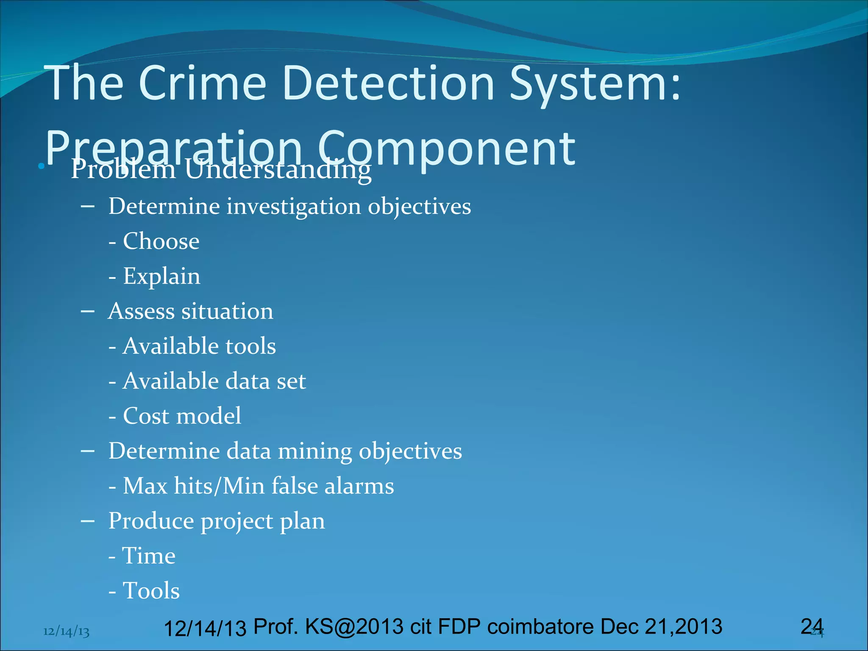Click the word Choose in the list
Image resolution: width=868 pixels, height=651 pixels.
point(161,242)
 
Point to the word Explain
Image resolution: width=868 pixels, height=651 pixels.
point(161,276)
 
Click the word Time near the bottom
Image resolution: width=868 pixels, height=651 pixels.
point(149,556)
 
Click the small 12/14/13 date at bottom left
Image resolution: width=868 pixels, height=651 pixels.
point(67,632)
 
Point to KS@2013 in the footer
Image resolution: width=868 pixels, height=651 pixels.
point(354,626)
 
